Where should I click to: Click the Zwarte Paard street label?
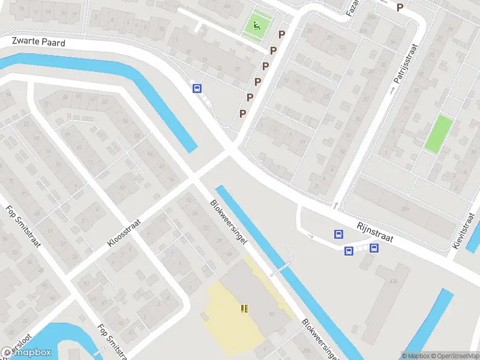(38, 42)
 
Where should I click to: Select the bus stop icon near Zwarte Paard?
(196, 89)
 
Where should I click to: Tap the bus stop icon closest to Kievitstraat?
(374, 248)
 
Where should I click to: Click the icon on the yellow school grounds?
(244, 308)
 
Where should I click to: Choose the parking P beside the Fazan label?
(400, 7)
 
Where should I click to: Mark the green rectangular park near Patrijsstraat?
(439, 133)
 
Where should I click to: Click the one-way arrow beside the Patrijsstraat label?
(394, 90)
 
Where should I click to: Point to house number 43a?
(394, 281)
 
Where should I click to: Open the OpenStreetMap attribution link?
(455, 356)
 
